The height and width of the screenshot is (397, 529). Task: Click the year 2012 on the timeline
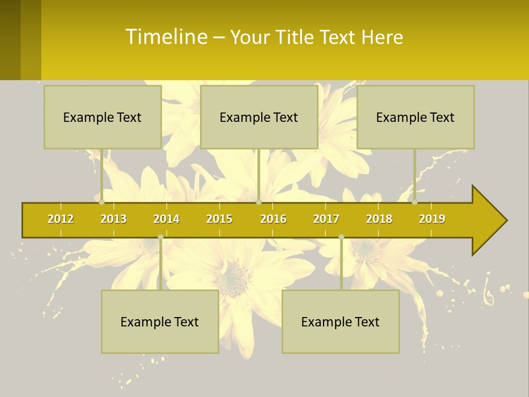(x=61, y=219)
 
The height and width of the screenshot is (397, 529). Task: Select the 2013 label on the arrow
(x=114, y=219)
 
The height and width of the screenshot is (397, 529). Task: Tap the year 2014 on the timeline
(x=166, y=219)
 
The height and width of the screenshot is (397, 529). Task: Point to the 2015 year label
(x=219, y=219)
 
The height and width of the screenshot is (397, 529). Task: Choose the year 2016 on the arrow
(x=273, y=219)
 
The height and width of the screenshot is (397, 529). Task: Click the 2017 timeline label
(x=326, y=219)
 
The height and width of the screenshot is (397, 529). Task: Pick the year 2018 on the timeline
(x=379, y=219)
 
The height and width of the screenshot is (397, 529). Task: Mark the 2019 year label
(x=432, y=219)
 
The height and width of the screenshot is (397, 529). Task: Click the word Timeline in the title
(x=166, y=37)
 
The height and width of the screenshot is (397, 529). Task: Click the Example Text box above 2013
(x=102, y=117)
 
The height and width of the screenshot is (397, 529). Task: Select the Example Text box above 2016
(x=259, y=117)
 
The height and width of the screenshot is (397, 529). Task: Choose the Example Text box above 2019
(x=415, y=117)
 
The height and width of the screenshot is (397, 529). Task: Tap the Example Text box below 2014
(x=160, y=321)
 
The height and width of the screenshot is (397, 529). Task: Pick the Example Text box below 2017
(x=341, y=321)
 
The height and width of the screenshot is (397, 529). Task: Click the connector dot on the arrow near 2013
(x=101, y=202)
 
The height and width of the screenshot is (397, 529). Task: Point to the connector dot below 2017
(x=341, y=237)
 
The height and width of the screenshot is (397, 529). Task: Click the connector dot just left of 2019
(x=414, y=202)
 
